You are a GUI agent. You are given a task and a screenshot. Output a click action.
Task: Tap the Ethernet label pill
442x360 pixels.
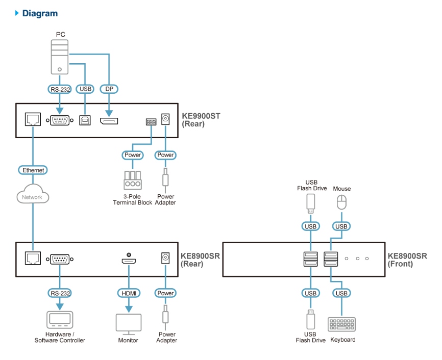click(x=34, y=170)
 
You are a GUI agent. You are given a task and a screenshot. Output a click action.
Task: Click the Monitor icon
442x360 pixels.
click(x=128, y=323)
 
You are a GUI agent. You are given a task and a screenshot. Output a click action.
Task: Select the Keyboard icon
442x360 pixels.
click(x=342, y=325)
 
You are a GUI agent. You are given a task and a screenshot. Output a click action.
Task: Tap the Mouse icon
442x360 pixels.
click(x=341, y=203)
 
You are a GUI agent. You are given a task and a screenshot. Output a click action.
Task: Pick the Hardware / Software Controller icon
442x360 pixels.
click(x=59, y=320)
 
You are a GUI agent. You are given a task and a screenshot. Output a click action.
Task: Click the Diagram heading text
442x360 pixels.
click(x=40, y=13)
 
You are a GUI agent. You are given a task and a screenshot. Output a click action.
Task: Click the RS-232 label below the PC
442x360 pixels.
click(x=60, y=89)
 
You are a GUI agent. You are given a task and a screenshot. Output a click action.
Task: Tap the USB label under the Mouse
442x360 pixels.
click(x=341, y=226)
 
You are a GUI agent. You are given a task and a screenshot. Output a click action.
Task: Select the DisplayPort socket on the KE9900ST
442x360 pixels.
click(x=108, y=121)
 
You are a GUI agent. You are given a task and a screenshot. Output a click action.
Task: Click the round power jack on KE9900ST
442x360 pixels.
click(x=165, y=119)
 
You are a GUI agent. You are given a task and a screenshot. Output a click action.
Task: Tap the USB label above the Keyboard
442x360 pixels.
click(x=341, y=293)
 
